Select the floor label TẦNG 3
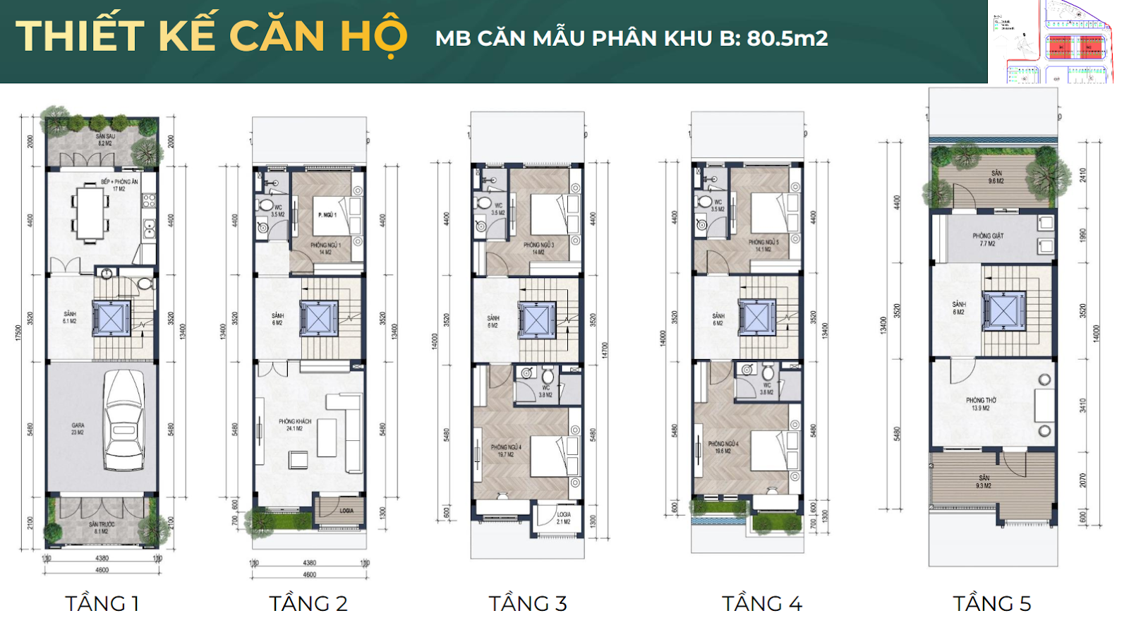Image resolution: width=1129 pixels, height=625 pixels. click(x=528, y=603)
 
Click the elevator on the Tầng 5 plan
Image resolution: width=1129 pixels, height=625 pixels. click(x=1003, y=310)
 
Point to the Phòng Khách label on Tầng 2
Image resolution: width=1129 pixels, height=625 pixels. click(x=295, y=425)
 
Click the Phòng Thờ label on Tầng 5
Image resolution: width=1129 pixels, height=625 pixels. click(x=981, y=403)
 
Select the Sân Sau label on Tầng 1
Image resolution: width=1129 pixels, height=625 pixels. click(x=105, y=140)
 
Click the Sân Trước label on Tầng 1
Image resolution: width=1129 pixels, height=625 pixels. click(x=102, y=528)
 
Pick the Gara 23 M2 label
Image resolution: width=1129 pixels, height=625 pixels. click(x=78, y=428)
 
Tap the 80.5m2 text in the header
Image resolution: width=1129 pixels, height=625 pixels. click(x=787, y=38)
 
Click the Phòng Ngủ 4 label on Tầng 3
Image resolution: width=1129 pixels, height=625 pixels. click(x=506, y=451)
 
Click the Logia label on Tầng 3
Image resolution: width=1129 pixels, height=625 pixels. click(x=563, y=518)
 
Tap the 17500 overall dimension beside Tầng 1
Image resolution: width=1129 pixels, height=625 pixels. click(x=19, y=332)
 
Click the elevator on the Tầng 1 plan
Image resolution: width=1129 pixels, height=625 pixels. click(x=111, y=318)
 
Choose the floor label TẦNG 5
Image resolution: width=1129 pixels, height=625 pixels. click(x=991, y=603)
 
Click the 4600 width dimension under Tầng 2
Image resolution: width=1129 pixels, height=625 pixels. click(x=309, y=574)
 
